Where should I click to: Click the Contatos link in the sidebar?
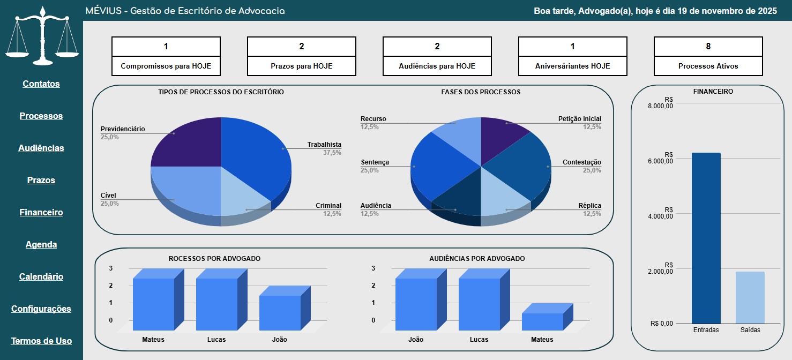tap(41, 84)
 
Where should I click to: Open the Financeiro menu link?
tap(41, 212)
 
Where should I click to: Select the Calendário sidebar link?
tap(41, 276)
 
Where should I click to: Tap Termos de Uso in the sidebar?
tap(41, 341)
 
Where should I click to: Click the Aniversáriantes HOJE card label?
tap(572, 66)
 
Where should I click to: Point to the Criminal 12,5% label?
tap(328, 209)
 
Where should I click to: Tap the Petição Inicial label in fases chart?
tap(579, 119)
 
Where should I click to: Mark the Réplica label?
tap(589, 206)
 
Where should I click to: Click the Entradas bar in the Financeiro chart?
tap(706, 238)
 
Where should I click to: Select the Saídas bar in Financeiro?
tap(750, 297)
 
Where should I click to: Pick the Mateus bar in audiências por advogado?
tap(542, 321)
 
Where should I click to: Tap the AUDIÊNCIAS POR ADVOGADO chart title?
tap(477, 258)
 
